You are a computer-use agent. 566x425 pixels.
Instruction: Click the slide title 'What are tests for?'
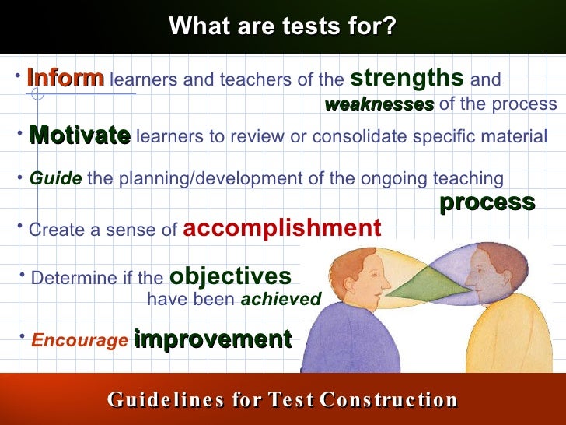[282, 26]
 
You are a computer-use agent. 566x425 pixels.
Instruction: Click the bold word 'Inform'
[65, 79]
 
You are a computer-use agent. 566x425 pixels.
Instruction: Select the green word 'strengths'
[407, 78]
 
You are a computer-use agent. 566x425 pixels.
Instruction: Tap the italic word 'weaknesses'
[379, 104]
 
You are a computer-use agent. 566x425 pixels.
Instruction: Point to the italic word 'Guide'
[55, 179]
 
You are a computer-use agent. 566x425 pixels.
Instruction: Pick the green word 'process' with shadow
[487, 202]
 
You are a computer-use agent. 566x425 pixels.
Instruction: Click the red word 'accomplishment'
[281, 228]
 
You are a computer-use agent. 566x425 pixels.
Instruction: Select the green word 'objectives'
[230, 276]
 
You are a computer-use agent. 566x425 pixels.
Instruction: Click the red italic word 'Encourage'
[79, 341]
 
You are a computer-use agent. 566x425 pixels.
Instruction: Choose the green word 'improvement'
[212, 339]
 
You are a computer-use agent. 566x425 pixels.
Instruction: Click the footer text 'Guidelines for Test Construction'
[282, 400]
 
